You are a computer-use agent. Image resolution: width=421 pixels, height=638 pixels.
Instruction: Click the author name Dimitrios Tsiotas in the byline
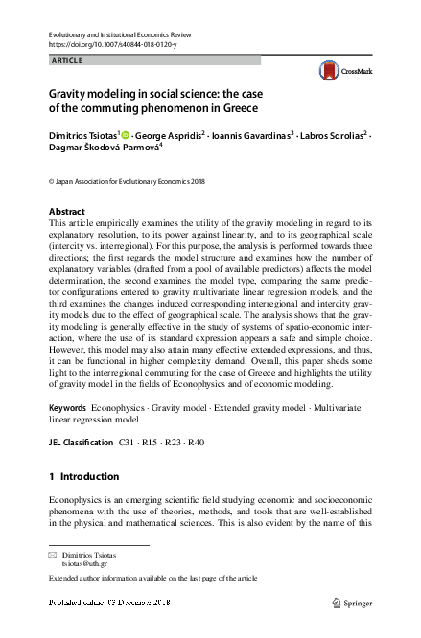[83, 136]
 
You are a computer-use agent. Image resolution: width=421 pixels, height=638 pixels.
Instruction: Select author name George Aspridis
[167, 136]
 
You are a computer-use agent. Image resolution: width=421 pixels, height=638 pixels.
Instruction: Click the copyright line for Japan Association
[117, 180]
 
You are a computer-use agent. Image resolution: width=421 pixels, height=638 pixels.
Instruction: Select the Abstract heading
[66, 211]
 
